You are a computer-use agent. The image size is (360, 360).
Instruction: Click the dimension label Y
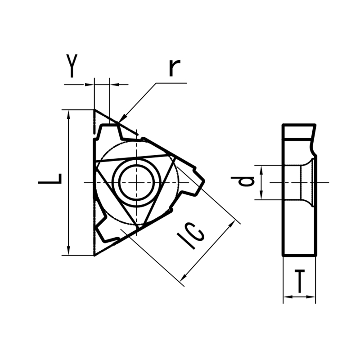tap(72, 66)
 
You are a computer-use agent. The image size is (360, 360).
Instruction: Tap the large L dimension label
tap(50, 179)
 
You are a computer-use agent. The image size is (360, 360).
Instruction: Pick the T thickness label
tap(299, 282)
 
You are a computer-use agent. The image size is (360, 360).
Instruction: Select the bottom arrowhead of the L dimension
tap(68, 250)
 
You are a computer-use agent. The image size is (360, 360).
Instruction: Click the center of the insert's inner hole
tap(136, 183)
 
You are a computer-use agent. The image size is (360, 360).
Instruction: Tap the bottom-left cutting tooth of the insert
tap(101, 229)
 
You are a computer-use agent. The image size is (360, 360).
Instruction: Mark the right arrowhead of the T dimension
tap(310, 297)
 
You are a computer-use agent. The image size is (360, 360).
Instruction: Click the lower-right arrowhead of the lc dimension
tap(183, 277)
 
